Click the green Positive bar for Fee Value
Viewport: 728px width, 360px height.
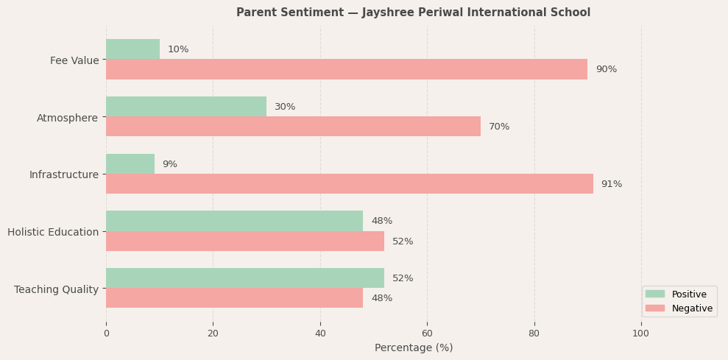pyautogui.click(x=132, y=49)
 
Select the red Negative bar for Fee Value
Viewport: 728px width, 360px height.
pyautogui.click(x=346, y=69)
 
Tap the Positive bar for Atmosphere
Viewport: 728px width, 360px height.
pyautogui.click(x=186, y=107)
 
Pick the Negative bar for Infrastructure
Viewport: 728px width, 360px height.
pyautogui.click(x=349, y=184)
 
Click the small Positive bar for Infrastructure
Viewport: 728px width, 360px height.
pyautogui.click(x=130, y=164)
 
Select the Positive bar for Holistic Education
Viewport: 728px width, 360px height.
pyautogui.click(x=234, y=221)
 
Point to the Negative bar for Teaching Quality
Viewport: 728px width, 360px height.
pyautogui.click(x=234, y=298)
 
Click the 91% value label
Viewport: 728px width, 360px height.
pyautogui.click(x=611, y=184)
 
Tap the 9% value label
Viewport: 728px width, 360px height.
pyautogui.click(x=169, y=164)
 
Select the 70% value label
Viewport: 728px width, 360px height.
pyautogui.click(x=498, y=127)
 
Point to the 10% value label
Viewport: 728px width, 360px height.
pyautogui.click(x=177, y=49)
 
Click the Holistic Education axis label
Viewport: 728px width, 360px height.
pyautogui.click(x=53, y=232)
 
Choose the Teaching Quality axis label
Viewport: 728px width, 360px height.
pyautogui.click(x=56, y=289)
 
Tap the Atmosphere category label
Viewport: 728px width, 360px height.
pyautogui.click(x=67, y=118)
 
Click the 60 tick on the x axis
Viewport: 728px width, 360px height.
pyautogui.click(x=427, y=333)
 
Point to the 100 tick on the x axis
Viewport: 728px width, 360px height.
pyautogui.click(x=640, y=333)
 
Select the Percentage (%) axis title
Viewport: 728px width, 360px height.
pyautogui.click(x=413, y=347)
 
